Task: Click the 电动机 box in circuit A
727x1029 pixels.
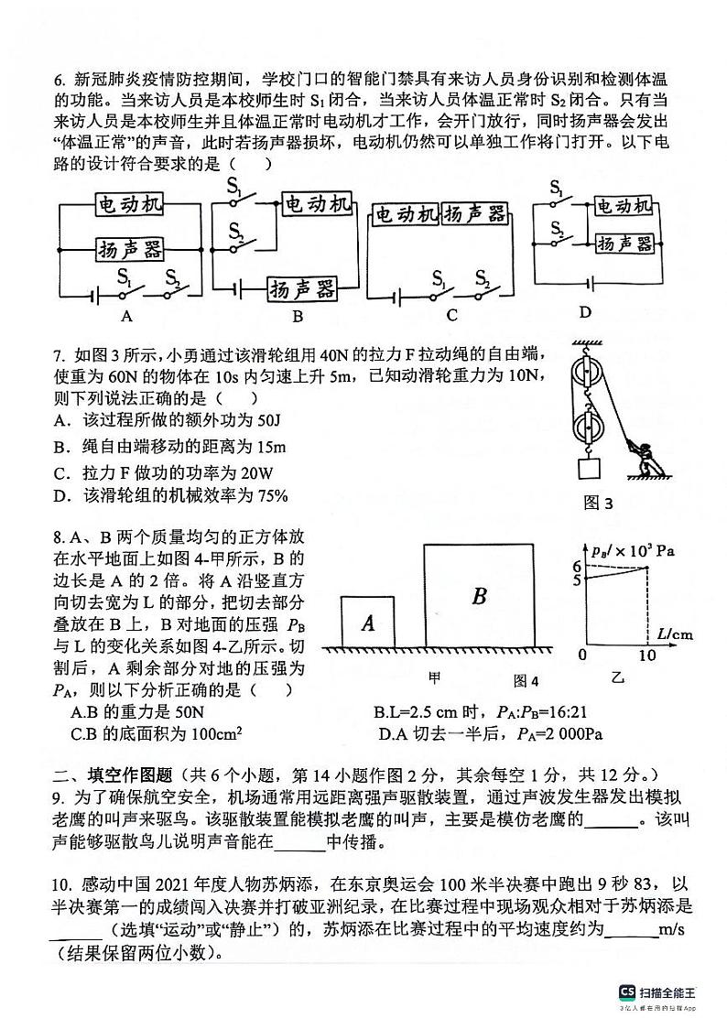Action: point(129,205)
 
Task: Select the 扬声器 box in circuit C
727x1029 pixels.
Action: point(474,215)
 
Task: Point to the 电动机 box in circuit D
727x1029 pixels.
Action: point(623,206)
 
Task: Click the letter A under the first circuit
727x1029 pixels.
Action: point(126,317)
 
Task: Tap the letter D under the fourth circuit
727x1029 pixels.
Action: point(585,312)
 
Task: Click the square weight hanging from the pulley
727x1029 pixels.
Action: point(589,470)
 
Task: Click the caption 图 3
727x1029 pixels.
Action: point(598,503)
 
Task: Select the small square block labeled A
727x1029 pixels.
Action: point(368,623)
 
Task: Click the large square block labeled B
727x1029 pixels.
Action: point(478,596)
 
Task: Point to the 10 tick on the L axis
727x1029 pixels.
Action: point(647,655)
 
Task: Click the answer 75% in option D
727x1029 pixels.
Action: point(272,496)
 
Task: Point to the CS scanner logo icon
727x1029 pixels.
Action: point(627,992)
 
